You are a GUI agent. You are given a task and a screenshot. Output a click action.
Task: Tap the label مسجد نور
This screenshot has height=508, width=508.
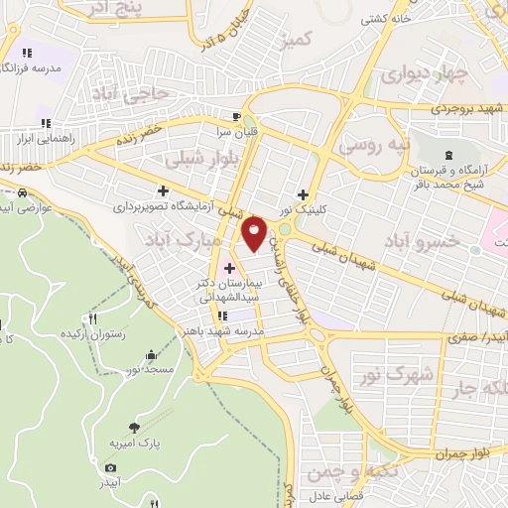(150, 369)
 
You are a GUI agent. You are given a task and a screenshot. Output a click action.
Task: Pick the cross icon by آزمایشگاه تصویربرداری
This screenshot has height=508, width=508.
(163, 190)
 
